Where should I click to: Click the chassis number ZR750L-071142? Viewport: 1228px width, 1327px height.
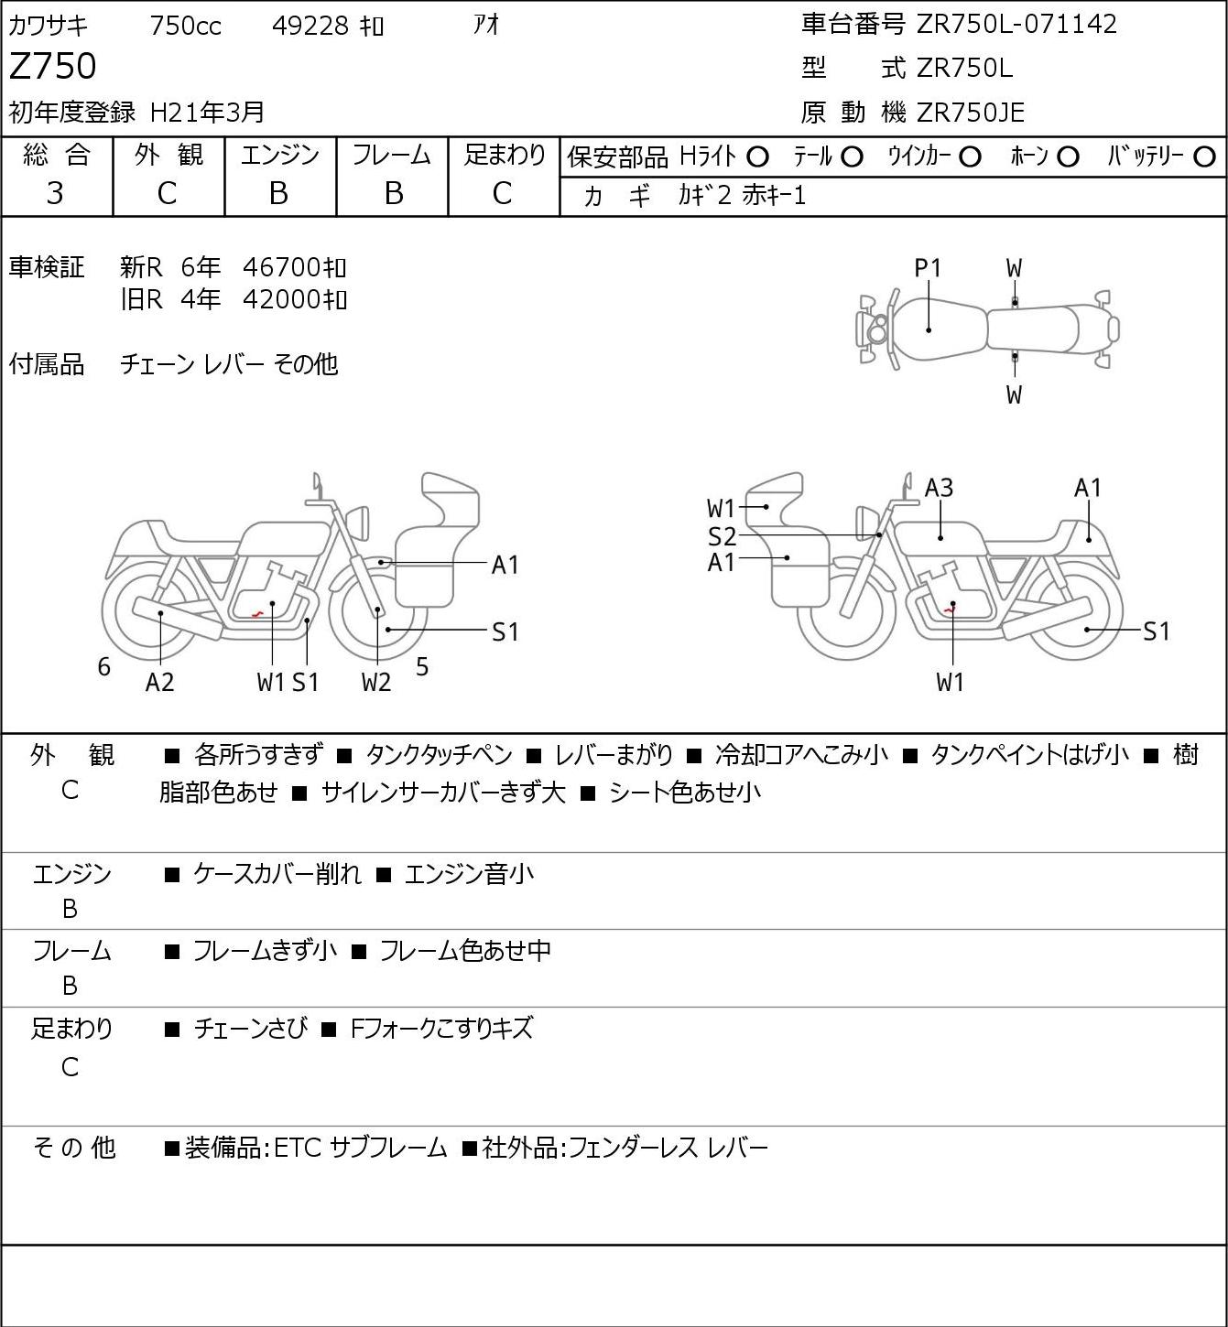(1016, 25)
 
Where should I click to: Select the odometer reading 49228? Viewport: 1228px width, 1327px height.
(310, 26)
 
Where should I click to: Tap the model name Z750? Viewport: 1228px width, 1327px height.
(53, 66)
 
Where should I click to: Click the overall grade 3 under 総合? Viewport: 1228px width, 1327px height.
(55, 193)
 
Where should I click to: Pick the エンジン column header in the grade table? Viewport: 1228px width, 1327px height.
(280, 156)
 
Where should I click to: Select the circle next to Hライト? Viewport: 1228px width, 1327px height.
(757, 157)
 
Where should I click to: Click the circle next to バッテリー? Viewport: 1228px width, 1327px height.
(1204, 157)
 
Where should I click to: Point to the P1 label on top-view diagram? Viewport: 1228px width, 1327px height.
(928, 268)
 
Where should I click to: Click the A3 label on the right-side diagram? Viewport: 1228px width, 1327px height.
(939, 488)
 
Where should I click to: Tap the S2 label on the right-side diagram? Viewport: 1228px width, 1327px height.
(722, 536)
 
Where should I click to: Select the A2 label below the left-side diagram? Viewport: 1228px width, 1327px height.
(160, 682)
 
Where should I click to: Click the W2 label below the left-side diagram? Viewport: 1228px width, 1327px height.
(375, 682)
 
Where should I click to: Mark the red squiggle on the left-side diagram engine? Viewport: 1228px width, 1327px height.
(257, 613)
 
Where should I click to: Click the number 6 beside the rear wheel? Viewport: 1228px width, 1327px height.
(103, 666)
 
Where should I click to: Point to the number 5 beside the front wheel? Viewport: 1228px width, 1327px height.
(422, 666)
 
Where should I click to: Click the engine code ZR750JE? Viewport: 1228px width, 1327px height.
(971, 113)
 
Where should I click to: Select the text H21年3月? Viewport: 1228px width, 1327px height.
(207, 113)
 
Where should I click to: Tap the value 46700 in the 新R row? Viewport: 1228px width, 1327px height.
(281, 267)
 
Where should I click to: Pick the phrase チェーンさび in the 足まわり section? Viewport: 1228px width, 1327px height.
(251, 1028)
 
